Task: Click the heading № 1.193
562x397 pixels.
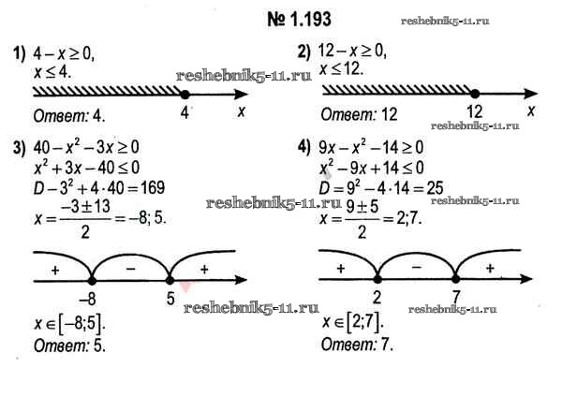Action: (300, 19)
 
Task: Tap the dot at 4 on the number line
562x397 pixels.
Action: (185, 95)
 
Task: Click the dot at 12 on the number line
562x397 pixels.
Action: (475, 94)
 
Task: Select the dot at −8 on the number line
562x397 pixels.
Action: (92, 280)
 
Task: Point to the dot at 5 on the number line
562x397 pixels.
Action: (170, 280)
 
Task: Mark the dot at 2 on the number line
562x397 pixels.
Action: (377, 279)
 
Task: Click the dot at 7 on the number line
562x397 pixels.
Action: (455, 279)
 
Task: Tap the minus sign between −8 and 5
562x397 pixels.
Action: (131, 269)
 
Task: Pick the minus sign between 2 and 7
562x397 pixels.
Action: (417, 267)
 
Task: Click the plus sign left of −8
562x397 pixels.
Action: (55, 270)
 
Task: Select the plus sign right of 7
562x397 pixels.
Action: (490, 268)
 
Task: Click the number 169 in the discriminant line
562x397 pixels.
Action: (153, 187)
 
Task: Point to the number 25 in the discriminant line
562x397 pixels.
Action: (435, 188)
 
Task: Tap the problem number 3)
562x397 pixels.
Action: (20, 148)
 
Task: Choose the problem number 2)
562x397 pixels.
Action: (304, 52)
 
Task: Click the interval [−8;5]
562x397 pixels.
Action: (82, 323)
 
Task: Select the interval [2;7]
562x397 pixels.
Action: (364, 322)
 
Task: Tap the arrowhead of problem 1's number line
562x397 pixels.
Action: (241, 95)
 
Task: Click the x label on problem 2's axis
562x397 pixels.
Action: (531, 110)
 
